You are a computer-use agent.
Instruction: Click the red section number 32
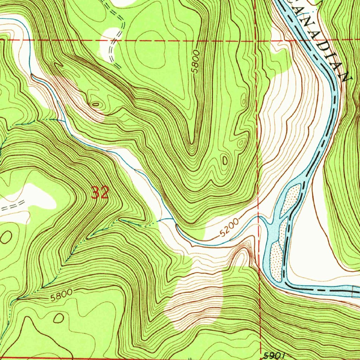[x=100, y=193]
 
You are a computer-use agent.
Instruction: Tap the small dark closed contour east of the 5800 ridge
[x=225, y=160]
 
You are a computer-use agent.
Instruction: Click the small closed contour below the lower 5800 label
[x=58, y=318]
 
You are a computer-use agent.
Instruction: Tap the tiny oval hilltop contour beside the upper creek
[x=96, y=104]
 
